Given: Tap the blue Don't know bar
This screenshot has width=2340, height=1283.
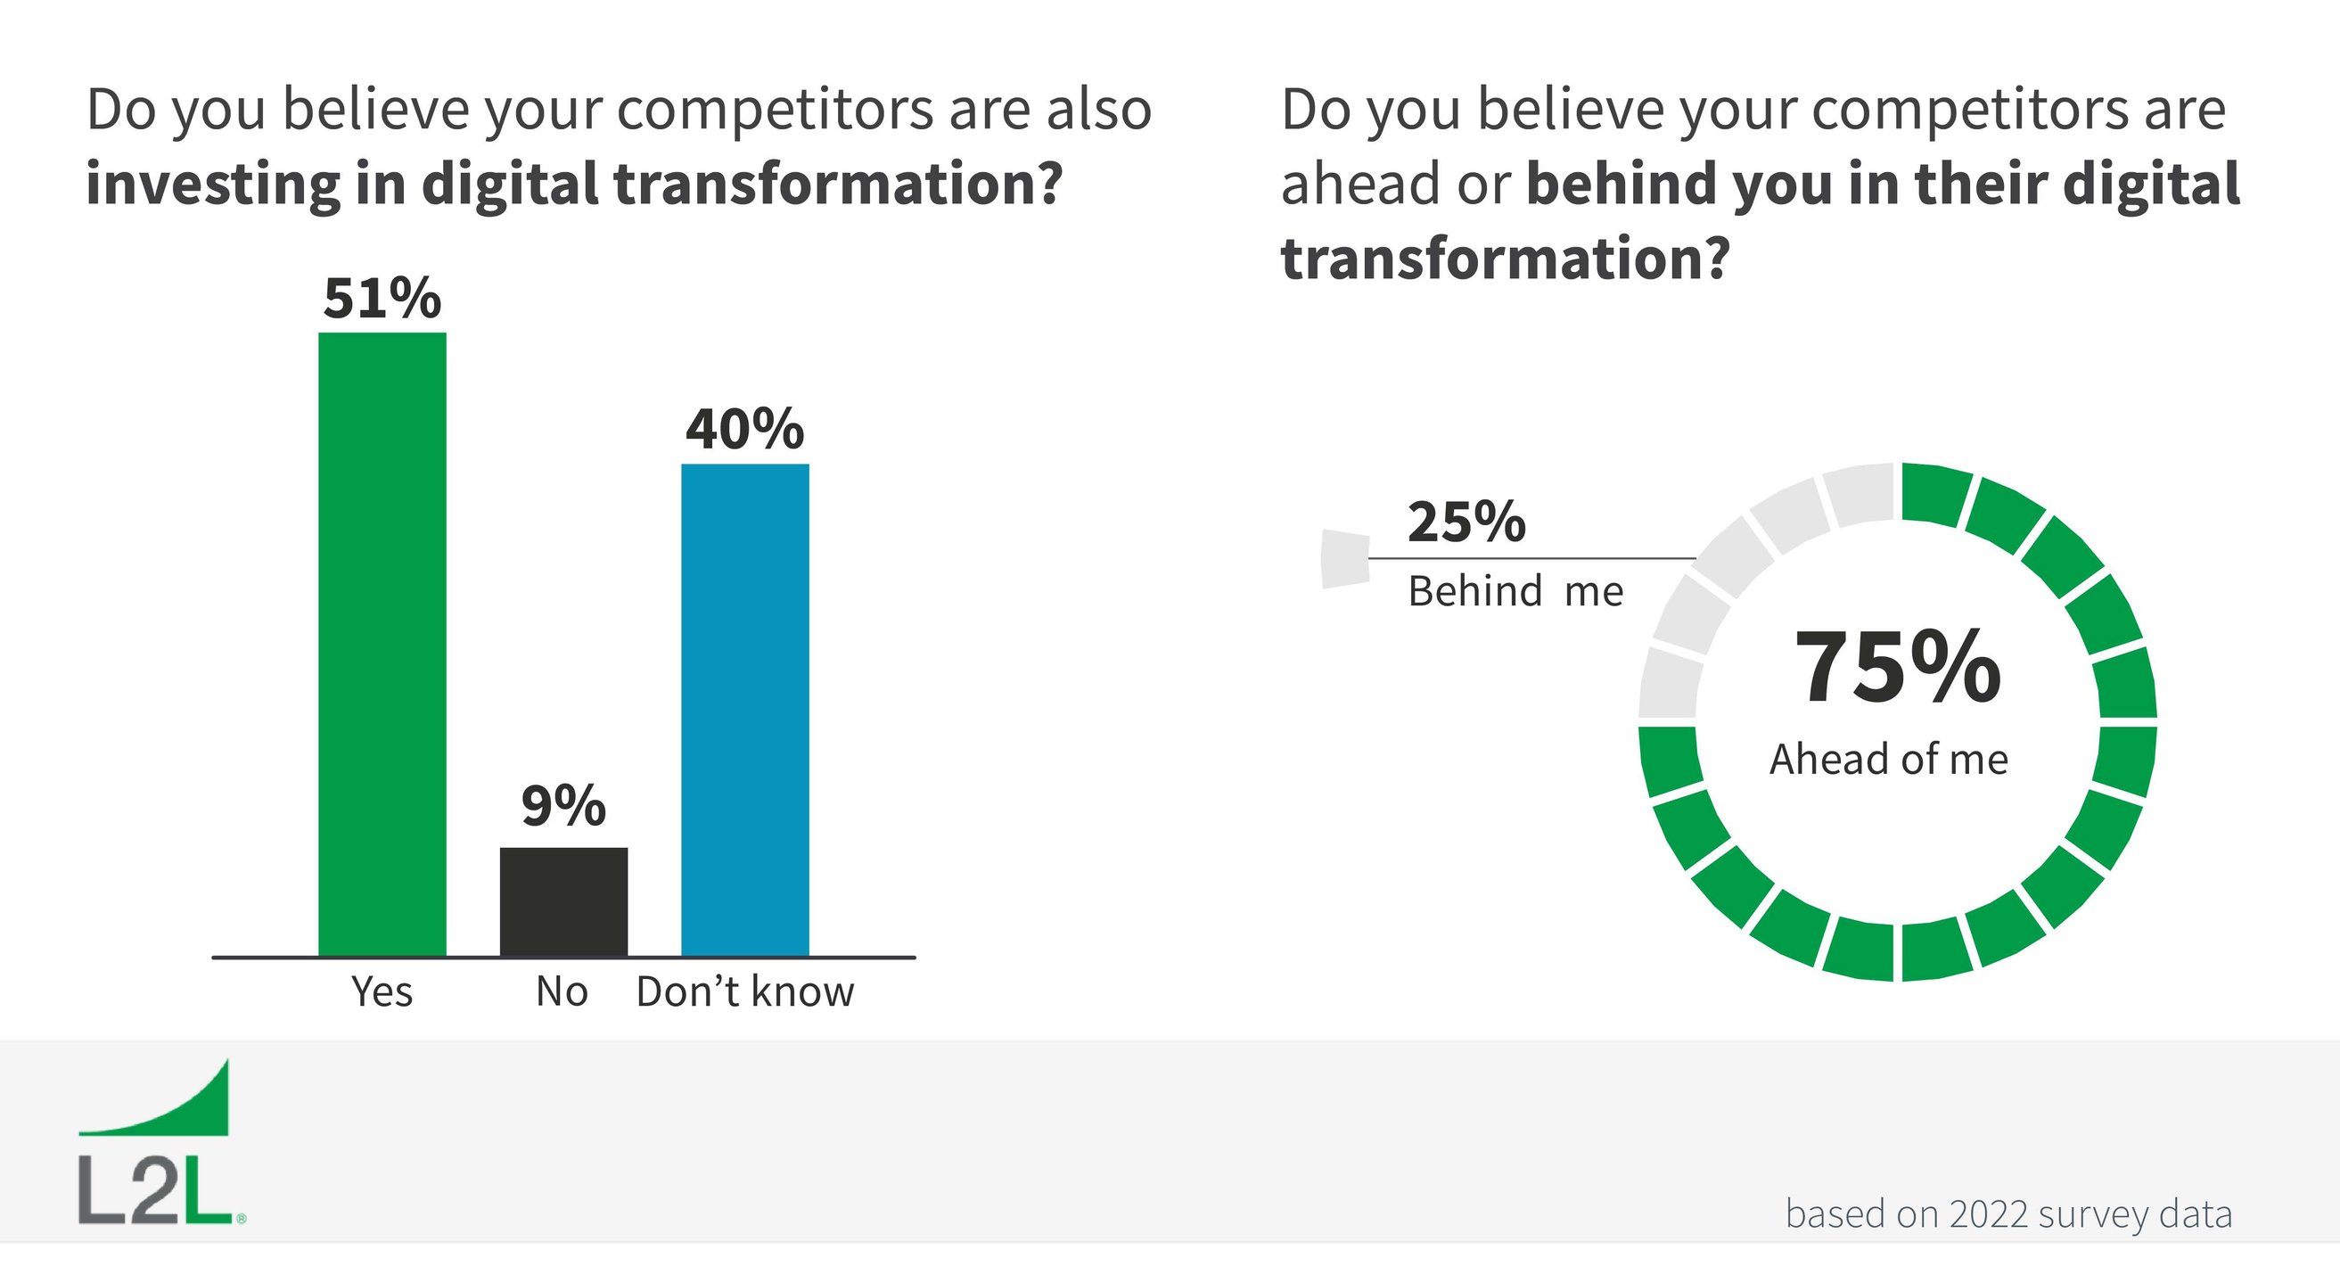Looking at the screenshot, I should (x=745, y=709).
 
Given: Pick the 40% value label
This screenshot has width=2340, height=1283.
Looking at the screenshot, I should (x=745, y=429).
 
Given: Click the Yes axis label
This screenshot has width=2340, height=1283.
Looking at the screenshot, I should (x=382, y=991).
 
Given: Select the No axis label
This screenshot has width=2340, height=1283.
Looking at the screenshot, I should (x=562, y=991).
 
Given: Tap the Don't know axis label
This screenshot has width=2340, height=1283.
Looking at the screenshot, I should (x=745, y=991).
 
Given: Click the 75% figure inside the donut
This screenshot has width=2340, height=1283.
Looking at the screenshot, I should (x=1897, y=669).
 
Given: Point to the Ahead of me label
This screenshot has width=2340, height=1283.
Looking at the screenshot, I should (x=1889, y=759).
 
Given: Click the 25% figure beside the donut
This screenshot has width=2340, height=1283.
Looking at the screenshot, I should (x=1466, y=522).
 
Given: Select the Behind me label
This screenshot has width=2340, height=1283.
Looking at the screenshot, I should (x=1515, y=591).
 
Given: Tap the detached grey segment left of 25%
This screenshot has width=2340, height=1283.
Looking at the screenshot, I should (x=1345, y=559).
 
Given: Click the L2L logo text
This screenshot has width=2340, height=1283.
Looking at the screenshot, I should (x=154, y=1190).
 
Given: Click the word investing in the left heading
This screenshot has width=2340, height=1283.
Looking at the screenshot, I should (x=212, y=185).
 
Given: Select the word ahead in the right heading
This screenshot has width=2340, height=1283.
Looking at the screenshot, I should (x=1359, y=185).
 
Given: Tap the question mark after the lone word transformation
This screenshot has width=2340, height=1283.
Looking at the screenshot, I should (x=1716, y=259).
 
